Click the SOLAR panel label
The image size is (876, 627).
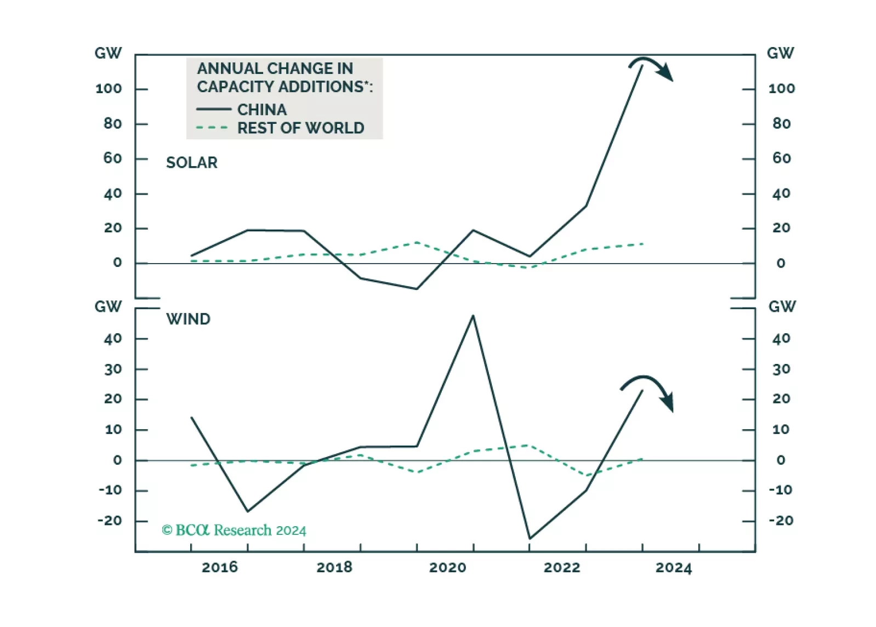coord(191,163)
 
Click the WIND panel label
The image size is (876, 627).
coord(188,319)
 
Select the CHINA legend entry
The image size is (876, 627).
coord(261,110)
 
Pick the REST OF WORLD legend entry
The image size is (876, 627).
coord(300,128)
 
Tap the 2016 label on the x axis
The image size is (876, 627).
coord(220,567)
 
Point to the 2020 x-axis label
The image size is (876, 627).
coord(447,567)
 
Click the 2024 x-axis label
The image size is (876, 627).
coord(674,567)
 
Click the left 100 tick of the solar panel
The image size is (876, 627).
coord(109,89)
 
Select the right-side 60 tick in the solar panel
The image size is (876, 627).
coord(781,158)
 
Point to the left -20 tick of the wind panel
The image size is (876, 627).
coord(110,521)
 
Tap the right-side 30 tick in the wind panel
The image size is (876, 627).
coord(781,369)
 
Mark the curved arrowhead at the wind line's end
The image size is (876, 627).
coord(668,402)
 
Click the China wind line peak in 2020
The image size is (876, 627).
coord(473,316)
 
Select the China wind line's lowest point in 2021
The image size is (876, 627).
coord(530,538)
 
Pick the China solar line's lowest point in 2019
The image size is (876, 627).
coord(417,289)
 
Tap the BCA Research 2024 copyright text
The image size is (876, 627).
coord(234,531)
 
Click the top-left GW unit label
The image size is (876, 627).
coord(108,53)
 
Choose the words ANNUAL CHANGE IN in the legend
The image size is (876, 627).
coord(275,69)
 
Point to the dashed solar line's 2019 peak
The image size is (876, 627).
coord(417,242)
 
